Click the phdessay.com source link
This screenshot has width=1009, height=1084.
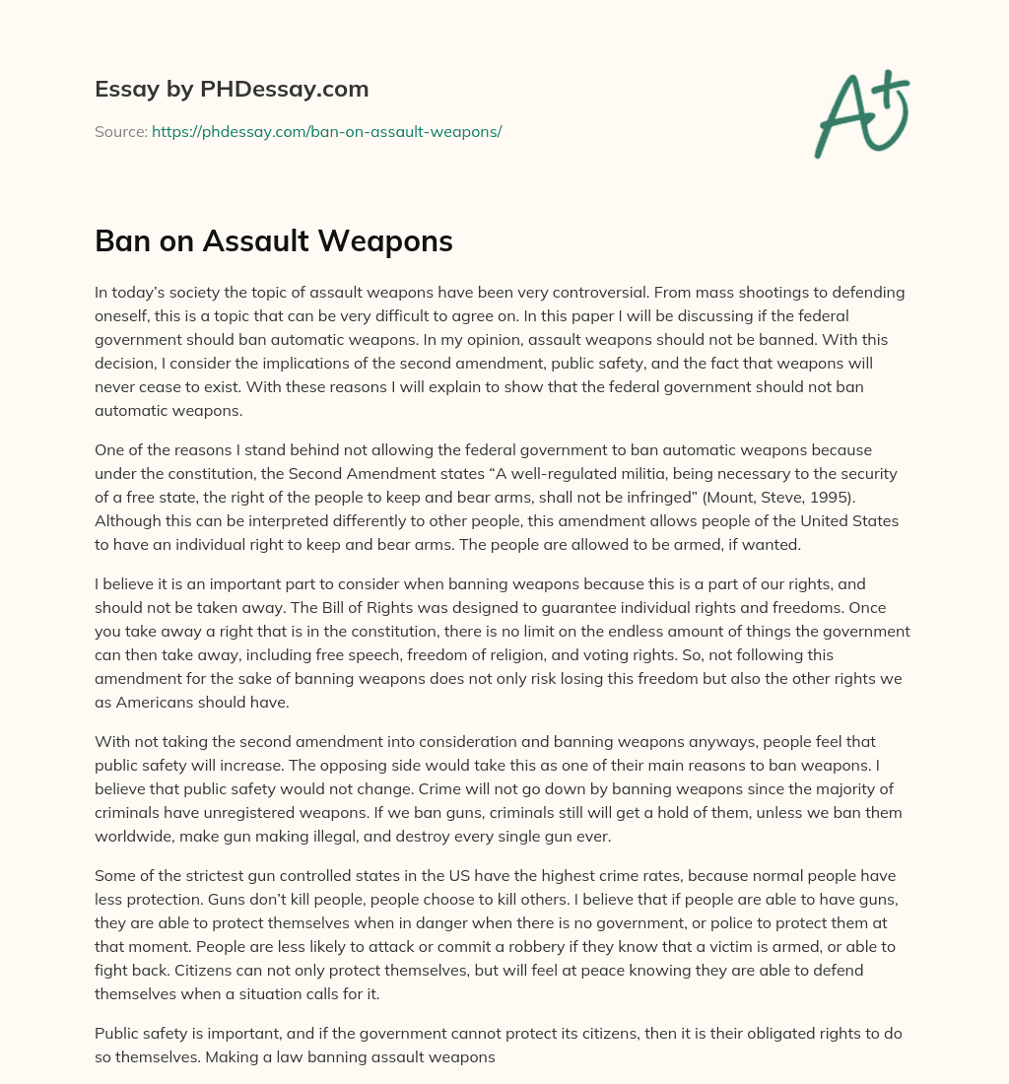326,131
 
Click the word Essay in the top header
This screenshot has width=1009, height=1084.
123,90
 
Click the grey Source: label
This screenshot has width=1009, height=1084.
120,131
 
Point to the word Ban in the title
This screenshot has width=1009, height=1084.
122,241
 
